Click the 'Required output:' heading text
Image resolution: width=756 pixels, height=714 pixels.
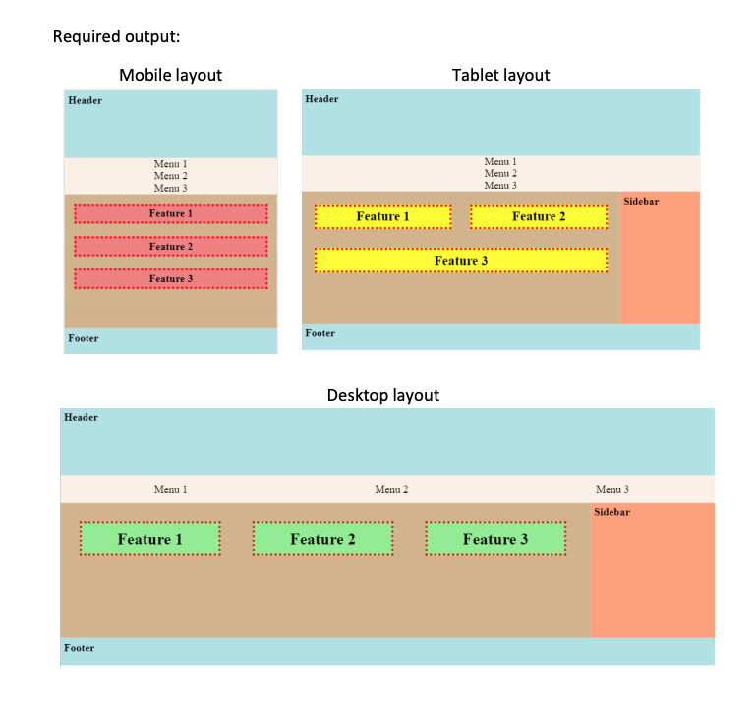pos(116,37)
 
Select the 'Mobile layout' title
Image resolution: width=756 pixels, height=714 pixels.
pos(170,75)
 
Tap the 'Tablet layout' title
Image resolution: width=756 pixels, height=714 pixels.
pos(500,75)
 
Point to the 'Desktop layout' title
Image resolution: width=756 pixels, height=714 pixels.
pos(382,395)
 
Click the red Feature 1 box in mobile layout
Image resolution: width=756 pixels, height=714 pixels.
pos(170,213)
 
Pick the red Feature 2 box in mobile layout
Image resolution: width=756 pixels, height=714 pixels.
pos(170,246)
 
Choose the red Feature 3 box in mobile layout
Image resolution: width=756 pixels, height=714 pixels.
pos(170,278)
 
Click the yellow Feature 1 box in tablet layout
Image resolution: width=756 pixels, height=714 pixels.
pos(382,216)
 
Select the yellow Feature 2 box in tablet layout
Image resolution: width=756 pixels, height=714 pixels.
pos(539,216)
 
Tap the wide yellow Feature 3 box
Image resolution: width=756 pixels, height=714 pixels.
pos(460,260)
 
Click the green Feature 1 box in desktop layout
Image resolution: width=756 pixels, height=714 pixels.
pos(149,539)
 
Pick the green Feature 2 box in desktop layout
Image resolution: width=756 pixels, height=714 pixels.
pos(322,539)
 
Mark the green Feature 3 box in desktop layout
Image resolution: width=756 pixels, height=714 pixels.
pos(495,539)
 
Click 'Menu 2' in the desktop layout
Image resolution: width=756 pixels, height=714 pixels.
pos(391,489)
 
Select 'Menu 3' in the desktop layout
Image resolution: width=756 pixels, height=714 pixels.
pos(611,489)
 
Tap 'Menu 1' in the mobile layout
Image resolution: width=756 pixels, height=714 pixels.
pos(170,164)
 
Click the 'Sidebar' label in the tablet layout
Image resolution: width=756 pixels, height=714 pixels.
pos(641,201)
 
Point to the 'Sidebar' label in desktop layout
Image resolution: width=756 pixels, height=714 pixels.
pos(611,512)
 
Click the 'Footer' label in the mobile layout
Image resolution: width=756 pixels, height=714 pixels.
pos(84,338)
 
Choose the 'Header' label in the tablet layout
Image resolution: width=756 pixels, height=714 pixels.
pos(321,99)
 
